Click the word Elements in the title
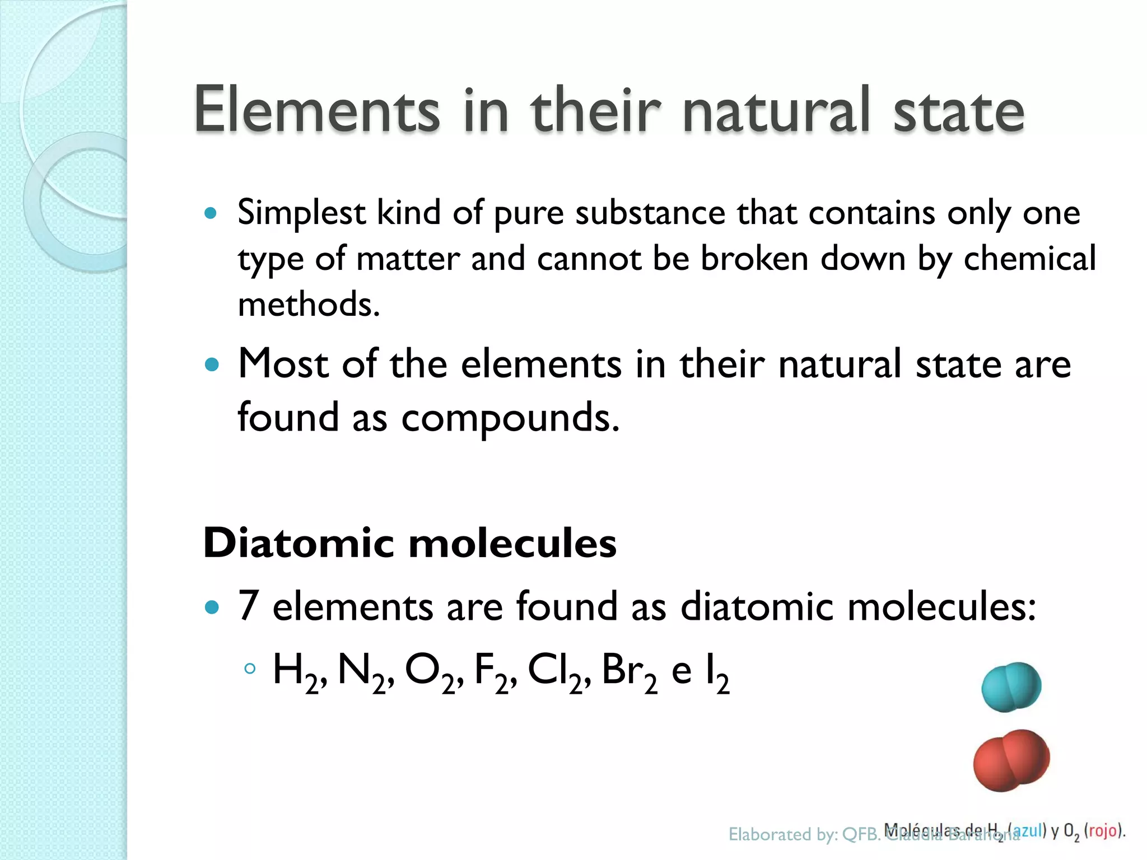click(316, 110)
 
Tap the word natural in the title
click(777, 110)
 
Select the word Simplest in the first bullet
click(302, 214)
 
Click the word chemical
click(1029, 259)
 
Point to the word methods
click(309, 305)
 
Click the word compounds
click(510, 418)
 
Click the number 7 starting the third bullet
click(249, 606)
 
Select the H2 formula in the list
click(296, 673)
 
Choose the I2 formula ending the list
click(717, 674)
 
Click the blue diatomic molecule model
click(1011, 687)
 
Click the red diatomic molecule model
click(1011, 760)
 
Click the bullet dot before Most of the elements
click(211, 366)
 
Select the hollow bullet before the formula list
click(250, 669)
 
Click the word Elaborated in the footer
click(767, 835)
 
